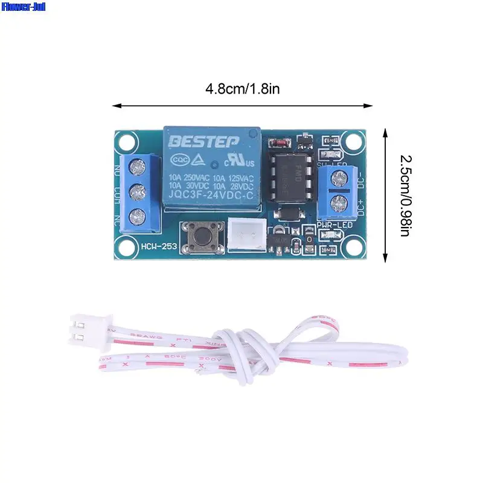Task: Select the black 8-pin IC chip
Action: point(292,176)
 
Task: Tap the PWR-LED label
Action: point(334,225)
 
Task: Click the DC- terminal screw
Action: point(336,177)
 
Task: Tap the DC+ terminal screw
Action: point(336,201)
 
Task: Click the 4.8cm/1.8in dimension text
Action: point(242,89)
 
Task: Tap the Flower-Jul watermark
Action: point(23,7)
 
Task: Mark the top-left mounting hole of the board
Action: point(126,142)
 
